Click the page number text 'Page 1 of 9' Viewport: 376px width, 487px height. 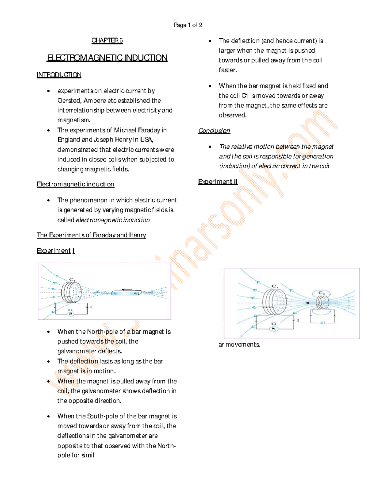(188, 25)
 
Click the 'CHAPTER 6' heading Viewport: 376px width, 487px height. (107, 40)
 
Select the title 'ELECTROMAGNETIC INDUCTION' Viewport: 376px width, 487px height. (107, 58)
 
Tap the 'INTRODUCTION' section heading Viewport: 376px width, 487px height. (59, 75)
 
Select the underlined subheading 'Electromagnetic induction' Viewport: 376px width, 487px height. (75, 184)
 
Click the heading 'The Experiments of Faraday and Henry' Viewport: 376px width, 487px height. (91, 235)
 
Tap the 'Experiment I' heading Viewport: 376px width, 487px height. (55, 251)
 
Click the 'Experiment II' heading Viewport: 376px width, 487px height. (218, 182)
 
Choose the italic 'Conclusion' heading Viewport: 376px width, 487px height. (214, 131)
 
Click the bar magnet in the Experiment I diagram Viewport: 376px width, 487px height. (125, 294)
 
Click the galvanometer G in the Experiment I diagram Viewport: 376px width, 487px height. (70, 312)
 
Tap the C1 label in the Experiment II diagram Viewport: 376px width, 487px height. (275, 286)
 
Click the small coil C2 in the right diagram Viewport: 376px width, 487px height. (322, 302)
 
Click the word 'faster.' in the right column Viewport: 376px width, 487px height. (228, 70)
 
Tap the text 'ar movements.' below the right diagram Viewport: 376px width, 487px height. (239, 345)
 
